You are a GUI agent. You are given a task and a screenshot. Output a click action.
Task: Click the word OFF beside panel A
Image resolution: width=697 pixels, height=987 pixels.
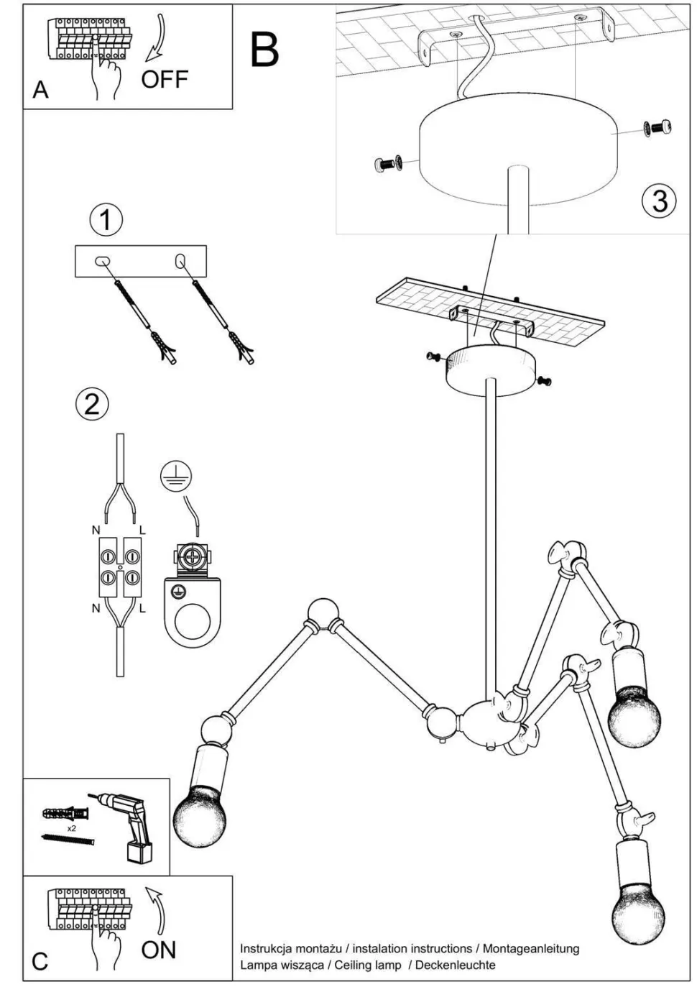pyautogui.click(x=165, y=79)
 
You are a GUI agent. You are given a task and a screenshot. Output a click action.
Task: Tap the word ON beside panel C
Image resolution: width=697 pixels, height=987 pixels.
pyautogui.click(x=159, y=950)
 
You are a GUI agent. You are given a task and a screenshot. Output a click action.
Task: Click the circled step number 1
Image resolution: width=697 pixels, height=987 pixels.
pyautogui.click(x=106, y=220)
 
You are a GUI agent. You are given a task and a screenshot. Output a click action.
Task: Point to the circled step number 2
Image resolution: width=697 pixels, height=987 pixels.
pyautogui.click(x=92, y=404)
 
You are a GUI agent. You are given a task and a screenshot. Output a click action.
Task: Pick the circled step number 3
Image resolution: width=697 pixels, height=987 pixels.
pyautogui.click(x=658, y=200)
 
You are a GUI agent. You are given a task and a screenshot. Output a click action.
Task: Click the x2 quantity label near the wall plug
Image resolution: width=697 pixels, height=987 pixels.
pyautogui.click(x=71, y=828)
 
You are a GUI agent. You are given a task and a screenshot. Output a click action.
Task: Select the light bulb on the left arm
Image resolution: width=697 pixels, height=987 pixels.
pyautogui.click(x=199, y=815)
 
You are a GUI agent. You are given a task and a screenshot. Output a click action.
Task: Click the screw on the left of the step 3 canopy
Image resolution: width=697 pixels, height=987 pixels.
pyautogui.click(x=387, y=164)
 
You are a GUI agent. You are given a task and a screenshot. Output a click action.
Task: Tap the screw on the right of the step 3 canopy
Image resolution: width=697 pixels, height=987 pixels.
pyautogui.click(x=658, y=129)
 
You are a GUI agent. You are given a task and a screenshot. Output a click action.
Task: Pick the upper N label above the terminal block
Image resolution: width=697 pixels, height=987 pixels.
pyautogui.click(x=96, y=531)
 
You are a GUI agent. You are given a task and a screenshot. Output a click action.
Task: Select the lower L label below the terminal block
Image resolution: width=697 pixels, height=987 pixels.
pyautogui.click(x=142, y=608)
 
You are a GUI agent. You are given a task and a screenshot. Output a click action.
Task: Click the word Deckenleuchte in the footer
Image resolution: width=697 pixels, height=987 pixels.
pyautogui.click(x=455, y=965)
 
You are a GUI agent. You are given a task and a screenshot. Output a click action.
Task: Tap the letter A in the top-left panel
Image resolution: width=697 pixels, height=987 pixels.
pyautogui.click(x=40, y=90)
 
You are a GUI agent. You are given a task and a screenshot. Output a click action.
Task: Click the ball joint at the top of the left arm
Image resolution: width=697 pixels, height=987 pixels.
pyautogui.click(x=322, y=613)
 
